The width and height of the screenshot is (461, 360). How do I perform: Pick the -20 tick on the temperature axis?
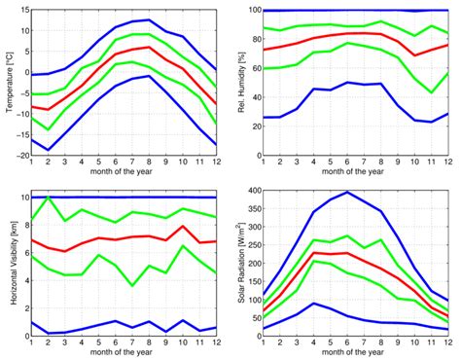[x=21, y=157]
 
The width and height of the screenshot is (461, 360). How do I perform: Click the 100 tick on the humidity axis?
[x=253, y=9]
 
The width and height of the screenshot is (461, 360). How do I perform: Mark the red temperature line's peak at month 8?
[x=148, y=47]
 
